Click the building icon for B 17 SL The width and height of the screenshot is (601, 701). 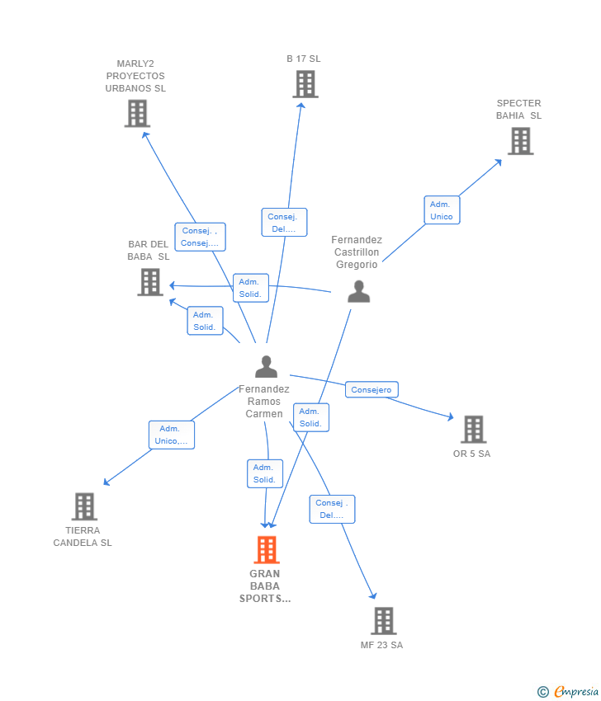[x=305, y=84]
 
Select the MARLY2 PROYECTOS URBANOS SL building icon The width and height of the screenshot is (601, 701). [x=137, y=114]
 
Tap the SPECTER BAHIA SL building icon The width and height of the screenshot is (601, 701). [x=520, y=141]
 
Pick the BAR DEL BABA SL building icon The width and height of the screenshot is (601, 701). [x=149, y=282]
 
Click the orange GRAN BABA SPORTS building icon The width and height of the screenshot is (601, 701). [x=266, y=550]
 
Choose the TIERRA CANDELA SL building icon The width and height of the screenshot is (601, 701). [x=83, y=506]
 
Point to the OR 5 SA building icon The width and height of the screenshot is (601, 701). [x=473, y=430]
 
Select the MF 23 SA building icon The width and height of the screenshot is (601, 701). [x=383, y=621]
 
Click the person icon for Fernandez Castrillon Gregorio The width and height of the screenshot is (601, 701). [x=358, y=292]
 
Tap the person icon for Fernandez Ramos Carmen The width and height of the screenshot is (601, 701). [x=266, y=366]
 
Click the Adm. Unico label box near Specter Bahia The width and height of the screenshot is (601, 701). [x=442, y=210]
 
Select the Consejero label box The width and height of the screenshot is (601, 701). [x=371, y=389]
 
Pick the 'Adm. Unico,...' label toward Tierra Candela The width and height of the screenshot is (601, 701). [x=171, y=435]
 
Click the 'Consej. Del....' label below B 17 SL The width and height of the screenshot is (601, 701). [x=284, y=223]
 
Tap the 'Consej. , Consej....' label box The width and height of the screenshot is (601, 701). [x=200, y=237]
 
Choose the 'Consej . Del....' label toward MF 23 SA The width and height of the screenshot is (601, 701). [x=332, y=509]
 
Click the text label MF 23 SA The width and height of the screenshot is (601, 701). [x=381, y=645]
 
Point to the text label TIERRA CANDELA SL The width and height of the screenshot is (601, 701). [x=83, y=537]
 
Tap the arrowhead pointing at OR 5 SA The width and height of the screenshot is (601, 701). [x=450, y=418]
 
